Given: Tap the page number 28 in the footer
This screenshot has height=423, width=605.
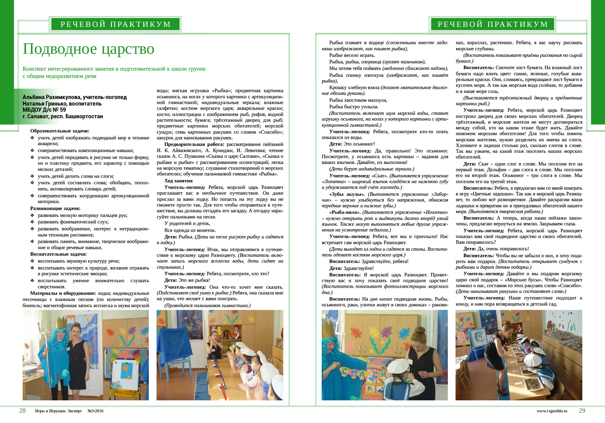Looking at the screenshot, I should click(x=22, y=411).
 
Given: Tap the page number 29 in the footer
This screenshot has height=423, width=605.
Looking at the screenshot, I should click(x=582, y=411).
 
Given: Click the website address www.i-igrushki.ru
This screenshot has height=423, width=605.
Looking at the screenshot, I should click(x=552, y=411).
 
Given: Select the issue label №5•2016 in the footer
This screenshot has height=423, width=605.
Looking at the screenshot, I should click(x=95, y=411).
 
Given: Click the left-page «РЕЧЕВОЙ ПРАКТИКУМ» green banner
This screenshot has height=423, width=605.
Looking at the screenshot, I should click(x=116, y=24).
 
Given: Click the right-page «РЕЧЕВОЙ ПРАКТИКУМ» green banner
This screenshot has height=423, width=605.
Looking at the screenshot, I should click(x=493, y=24).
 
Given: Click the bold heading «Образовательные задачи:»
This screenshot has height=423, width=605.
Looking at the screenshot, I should click(x=60, y=131).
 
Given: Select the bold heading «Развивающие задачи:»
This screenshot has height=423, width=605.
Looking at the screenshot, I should click(x=55, y=208).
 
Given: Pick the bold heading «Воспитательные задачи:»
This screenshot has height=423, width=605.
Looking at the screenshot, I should click(x=58, y=254).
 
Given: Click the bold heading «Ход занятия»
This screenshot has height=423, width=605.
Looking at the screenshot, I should click(x=178, y=181).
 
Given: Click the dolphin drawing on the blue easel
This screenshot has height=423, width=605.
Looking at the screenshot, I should click(x=479, y=336).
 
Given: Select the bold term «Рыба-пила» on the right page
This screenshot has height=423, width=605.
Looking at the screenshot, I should click(x=345, y=212).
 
